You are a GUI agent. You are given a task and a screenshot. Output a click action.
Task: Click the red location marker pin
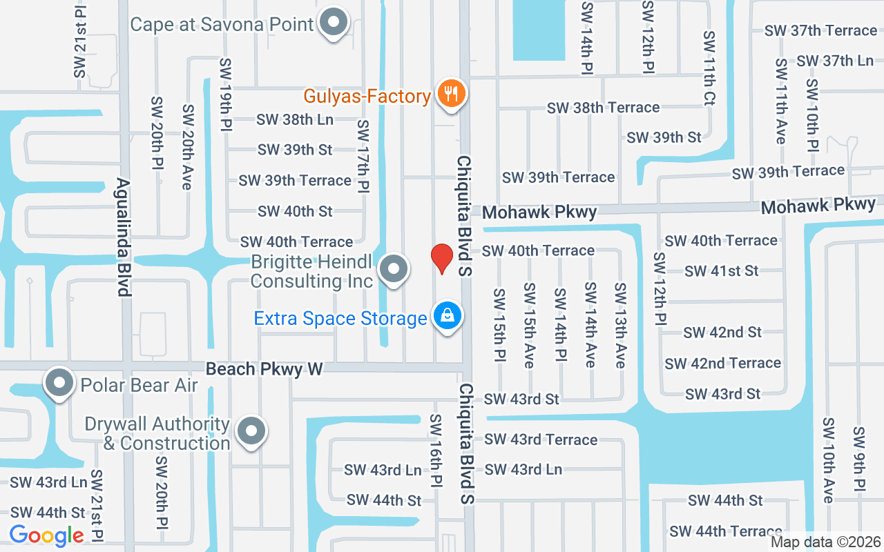tap(442, 258)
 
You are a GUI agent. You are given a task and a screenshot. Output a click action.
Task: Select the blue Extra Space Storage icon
tap(448, 316)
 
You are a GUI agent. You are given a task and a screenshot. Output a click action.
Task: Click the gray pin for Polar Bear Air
tap(59, 383)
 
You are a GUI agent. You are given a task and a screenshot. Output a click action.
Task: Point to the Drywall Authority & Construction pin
tap(251, 431)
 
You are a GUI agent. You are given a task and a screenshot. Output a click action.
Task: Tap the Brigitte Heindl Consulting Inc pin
tap(394, 269)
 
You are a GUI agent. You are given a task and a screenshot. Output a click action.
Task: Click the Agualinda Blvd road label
tap(124, 237)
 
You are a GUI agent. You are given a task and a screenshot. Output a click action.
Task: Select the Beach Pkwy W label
tap(265, 369)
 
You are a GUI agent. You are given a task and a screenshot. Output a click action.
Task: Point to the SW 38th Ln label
tap(295, 119)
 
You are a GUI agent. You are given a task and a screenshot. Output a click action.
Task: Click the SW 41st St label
tap(722, 271)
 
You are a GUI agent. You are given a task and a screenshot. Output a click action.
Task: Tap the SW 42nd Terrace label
tap(722, 363)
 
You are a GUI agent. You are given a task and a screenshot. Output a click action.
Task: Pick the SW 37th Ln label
tap(835, 61)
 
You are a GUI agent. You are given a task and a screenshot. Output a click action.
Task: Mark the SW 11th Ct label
tap(709, 67)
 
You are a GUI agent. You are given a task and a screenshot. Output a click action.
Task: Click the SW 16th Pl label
tap(436, 452)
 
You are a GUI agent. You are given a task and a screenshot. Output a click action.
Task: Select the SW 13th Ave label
tap(620, 324)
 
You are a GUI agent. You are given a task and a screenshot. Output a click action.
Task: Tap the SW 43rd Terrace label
tap(541, 440)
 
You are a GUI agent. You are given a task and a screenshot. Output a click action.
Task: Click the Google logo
tap(47, 535)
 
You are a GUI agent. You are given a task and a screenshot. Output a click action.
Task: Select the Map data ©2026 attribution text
tap(825, 542)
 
